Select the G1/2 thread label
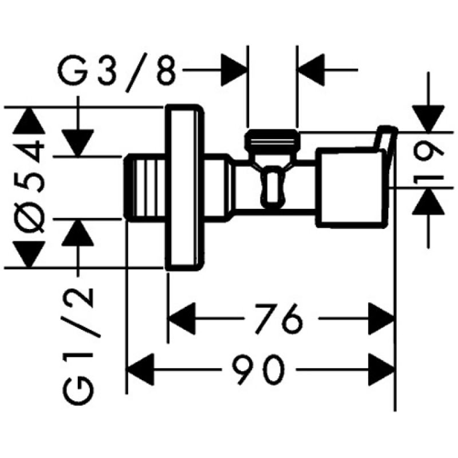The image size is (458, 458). pos(78,346)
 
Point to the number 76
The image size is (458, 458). pos(278,319)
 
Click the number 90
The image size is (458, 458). pos(258,369)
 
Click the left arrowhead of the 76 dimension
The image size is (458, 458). pos(182,318)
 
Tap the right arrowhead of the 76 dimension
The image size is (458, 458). pos(381,318)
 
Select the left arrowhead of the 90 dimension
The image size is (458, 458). pos(140,369)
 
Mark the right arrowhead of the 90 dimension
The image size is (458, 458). pos(381,369)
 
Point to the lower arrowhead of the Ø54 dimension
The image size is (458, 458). pos(29,254)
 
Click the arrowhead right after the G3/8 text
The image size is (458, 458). pos(234,70)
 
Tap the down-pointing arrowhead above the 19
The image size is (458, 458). pos(428,119)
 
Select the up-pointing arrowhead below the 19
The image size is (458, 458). pos(428,202)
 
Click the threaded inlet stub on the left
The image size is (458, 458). pos(144,187)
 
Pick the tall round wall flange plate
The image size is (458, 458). pos(184,187)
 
